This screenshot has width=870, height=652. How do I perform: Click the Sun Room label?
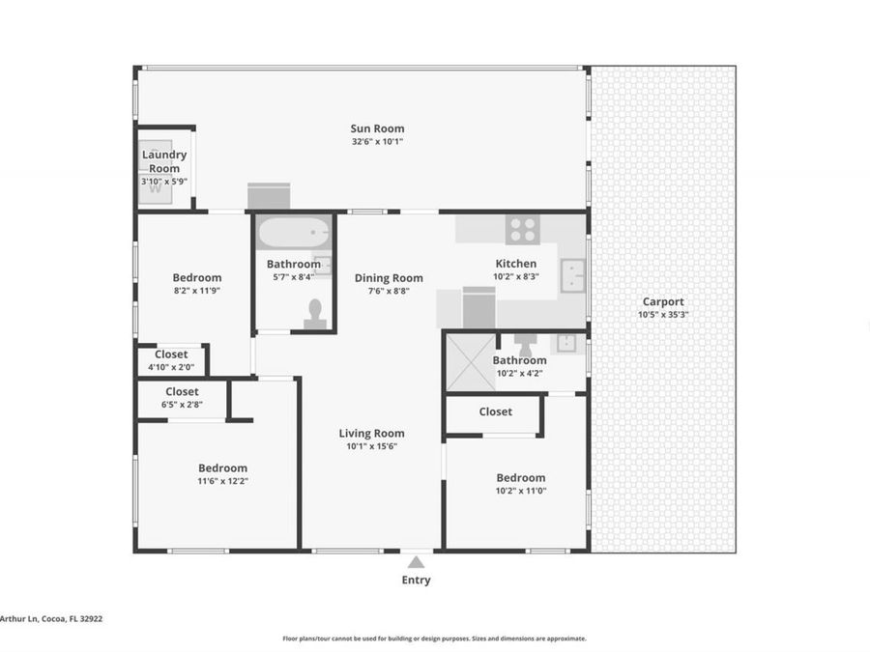pos(377,128)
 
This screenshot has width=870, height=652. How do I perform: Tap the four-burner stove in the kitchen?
pos(523,230)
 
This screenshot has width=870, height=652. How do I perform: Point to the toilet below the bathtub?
pos(314,314)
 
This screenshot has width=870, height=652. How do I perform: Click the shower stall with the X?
pos(468,362)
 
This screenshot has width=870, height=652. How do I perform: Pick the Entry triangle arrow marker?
pos(416,562)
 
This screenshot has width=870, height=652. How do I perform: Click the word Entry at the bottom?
pos(416,581)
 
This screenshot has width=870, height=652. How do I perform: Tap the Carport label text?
pos(662,301)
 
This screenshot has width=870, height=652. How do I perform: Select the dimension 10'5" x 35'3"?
pos(662,314)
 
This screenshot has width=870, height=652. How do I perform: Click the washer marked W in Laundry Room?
pos(154,187)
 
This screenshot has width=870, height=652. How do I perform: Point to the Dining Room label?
pos(389,278)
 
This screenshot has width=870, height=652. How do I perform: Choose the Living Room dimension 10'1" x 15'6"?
pos(371,446)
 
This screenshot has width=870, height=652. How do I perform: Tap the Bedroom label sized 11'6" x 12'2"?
pos(222,468)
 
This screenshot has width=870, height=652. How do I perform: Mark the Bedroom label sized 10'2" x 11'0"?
pos(520,477)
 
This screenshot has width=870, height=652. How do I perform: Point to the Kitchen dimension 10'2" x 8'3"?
pos(515,276)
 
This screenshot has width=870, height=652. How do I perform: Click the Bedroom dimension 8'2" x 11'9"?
pos(196,290)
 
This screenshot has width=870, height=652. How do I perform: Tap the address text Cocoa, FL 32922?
pos(72,619)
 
